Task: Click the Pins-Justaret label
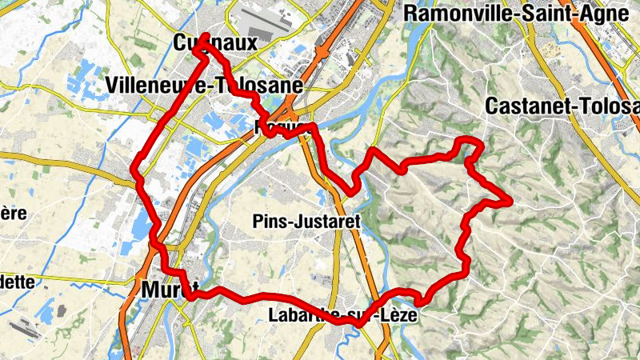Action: [306, 220]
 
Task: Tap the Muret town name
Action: [169, 289]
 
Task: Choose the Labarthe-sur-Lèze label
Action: [344, 315]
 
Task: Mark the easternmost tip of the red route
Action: [509, 200]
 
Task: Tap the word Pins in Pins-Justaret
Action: [268, 220]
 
